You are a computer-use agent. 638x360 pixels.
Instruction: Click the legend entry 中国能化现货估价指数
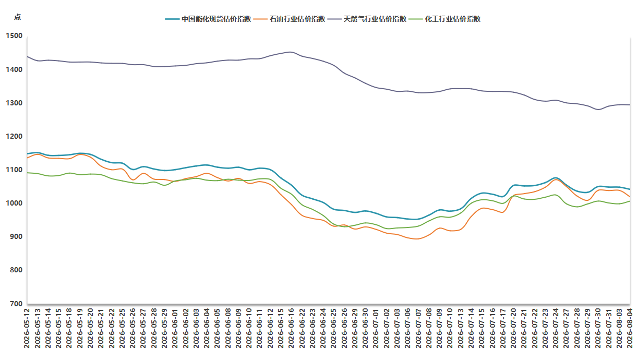[208, 19]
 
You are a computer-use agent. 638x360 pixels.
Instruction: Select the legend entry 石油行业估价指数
[289, 19]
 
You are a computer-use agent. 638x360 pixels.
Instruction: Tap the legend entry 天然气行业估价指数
[367, 19]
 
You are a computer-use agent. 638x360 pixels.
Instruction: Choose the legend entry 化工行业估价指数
[444, 19]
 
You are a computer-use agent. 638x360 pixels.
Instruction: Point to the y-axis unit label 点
[17, 17]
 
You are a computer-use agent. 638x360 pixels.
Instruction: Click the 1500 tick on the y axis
[14, 36]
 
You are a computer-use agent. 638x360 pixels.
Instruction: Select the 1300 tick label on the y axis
[14, 103]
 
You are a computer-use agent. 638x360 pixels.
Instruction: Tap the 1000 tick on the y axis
[14, 203]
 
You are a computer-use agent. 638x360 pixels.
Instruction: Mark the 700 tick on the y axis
[16, 304]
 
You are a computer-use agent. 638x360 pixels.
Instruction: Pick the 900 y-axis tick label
[16, 236]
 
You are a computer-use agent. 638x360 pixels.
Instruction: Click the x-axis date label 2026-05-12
[27, 328]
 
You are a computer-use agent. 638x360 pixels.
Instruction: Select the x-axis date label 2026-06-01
[175, 328]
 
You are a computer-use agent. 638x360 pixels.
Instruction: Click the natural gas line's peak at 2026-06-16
[291, 52]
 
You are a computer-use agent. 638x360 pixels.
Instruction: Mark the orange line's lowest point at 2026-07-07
[417, 239]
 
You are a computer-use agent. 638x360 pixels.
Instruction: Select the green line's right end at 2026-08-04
[630, 201]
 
